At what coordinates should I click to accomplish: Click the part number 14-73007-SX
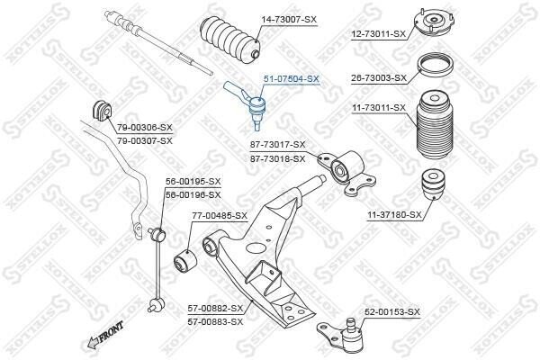[289, 20]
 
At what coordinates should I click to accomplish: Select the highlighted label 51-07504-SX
[292, 79]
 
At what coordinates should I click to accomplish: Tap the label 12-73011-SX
[379, 34]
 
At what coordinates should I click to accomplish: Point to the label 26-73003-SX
[379, 78]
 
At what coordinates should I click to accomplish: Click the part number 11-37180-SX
[394, 215]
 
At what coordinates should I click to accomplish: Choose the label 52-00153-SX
[392, 312]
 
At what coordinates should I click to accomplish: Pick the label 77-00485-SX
[220, 216]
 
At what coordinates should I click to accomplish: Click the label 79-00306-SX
[145, 128]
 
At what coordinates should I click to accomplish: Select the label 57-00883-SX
[215, 322]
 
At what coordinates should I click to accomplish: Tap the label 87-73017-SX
[277, 145]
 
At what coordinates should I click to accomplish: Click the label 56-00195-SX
[193, 182]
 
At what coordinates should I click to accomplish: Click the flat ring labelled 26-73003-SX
[435, 67]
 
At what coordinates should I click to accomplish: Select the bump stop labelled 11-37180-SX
[433, 184]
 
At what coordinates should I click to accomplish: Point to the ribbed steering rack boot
[230, 40]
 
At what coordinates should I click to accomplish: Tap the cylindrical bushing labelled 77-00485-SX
[184, 262]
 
